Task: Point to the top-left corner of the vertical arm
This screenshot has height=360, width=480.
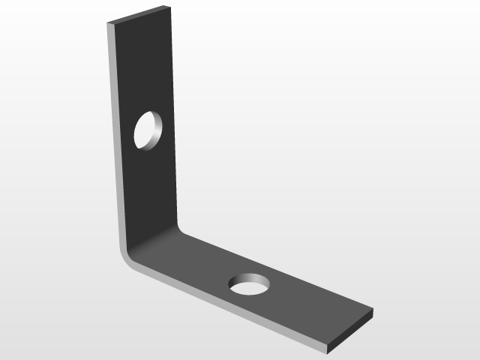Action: [x=109, y=23]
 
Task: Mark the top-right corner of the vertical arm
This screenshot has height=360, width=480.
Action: [x=171, y=7]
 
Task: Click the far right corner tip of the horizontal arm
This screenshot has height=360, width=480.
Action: [x=372, y=310]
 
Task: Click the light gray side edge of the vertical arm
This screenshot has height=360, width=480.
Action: [x=113, y=135]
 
